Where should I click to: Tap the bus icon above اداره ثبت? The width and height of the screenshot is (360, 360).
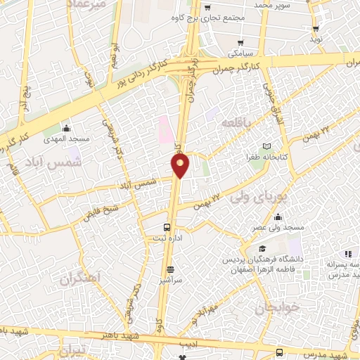click(167, 227)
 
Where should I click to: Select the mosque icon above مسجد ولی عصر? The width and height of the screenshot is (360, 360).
click(278, 216)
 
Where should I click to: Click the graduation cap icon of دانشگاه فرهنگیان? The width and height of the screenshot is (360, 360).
click(262, 249)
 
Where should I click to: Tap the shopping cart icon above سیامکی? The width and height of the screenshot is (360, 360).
click(241, 41)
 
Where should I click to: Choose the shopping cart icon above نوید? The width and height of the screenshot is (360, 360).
click(316, 29)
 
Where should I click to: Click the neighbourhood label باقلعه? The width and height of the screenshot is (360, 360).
click(236, 122)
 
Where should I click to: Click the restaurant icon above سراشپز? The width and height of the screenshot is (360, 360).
click(169, 269)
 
